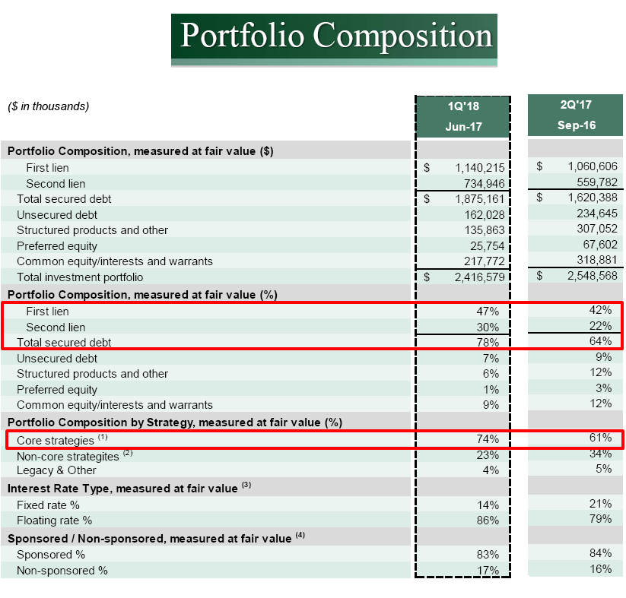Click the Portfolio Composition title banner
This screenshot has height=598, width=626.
tap(334, 40)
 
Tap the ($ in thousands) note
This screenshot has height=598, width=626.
tap(49, 106)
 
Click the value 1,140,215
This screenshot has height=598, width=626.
tap(480, 168)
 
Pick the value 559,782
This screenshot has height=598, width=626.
tap(597, 182)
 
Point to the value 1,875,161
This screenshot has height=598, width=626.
tap(480, 199)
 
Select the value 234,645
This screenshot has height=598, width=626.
tap(597, 214)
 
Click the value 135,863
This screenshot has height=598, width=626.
tap(485, 230)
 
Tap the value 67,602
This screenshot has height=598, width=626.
tap(600, 245)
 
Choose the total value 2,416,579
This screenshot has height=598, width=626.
tap(479, 277)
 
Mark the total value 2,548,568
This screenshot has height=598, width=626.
tap(593, 276)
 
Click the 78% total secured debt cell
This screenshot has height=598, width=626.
tap(488, 343)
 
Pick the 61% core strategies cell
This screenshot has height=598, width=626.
tap(600, 438)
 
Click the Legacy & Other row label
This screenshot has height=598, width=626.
tap(56, 470)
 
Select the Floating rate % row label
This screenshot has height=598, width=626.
tap(54, 520)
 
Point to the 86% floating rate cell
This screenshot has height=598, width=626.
tap(488, 520)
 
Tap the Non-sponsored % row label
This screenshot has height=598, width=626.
tap(62, 571)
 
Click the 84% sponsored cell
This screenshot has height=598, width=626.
tap(600, 553)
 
